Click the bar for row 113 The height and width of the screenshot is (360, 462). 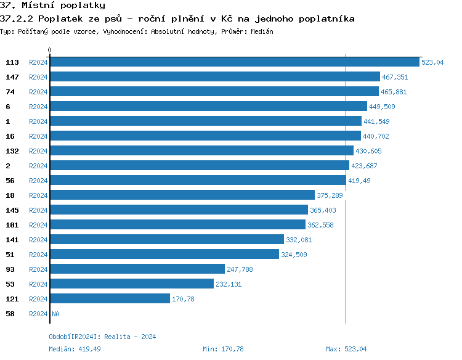(x=234, y=62)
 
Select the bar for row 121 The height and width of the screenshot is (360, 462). (x=110, y=299)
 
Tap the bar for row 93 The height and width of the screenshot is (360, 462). (x=137, y=269)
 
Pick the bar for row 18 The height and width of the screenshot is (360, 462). (x=182, y=195)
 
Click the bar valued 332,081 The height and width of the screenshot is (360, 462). (x=166, y=240)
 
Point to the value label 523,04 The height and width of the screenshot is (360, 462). (x=432, y=62)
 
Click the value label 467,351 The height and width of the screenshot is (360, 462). (x=395, y=77)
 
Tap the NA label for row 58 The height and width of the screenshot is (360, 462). (x=55, y=314)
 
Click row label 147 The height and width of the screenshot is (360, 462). (x=12, y=77)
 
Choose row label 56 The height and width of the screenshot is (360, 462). (x=10, y=181)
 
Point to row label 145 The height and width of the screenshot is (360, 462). (x=12, y=210)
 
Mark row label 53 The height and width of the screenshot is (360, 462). (x=10, y=284)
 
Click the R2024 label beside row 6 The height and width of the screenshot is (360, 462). (x=38, y=107)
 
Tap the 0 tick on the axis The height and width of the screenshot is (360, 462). (x=50, y=51)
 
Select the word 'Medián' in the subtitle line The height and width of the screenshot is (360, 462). (x=262, y=31)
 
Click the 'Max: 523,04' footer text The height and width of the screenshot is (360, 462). (x=346, y=349)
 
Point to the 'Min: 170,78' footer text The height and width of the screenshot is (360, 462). (x=223, y=349)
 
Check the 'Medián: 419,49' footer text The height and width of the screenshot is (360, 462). (x=75, y=349)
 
